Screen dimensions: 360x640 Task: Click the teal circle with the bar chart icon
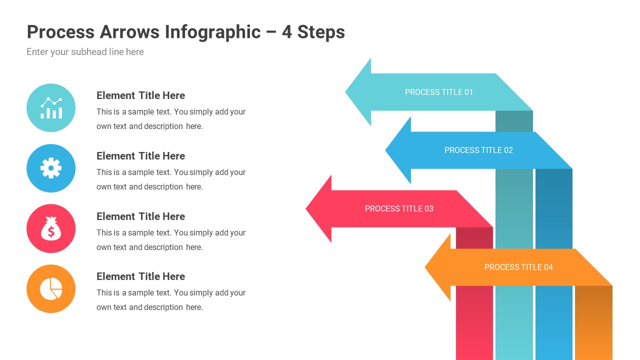(51, 107)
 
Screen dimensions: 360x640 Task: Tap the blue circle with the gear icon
(51, 168)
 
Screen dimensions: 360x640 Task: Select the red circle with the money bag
(51, 228)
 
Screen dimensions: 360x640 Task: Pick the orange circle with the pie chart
(51, 289)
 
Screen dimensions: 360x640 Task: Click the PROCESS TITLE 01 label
(438, 92)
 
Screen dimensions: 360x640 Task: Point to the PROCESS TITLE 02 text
(478, 150)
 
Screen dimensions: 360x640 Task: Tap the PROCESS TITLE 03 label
(399, 208)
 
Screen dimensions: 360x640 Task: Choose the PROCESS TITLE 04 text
(518, 267)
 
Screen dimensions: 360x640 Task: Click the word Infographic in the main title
(212, 32)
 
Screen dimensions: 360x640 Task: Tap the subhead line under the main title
(85, 52)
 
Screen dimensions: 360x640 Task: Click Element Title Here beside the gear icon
(140, 156)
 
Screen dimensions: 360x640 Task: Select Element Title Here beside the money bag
(140, 216)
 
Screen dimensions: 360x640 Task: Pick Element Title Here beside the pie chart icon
(140, 276)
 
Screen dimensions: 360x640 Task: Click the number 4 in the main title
(286, 32)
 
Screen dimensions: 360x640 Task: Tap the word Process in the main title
(60, 32)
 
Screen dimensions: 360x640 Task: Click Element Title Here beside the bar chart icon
(140, 95)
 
